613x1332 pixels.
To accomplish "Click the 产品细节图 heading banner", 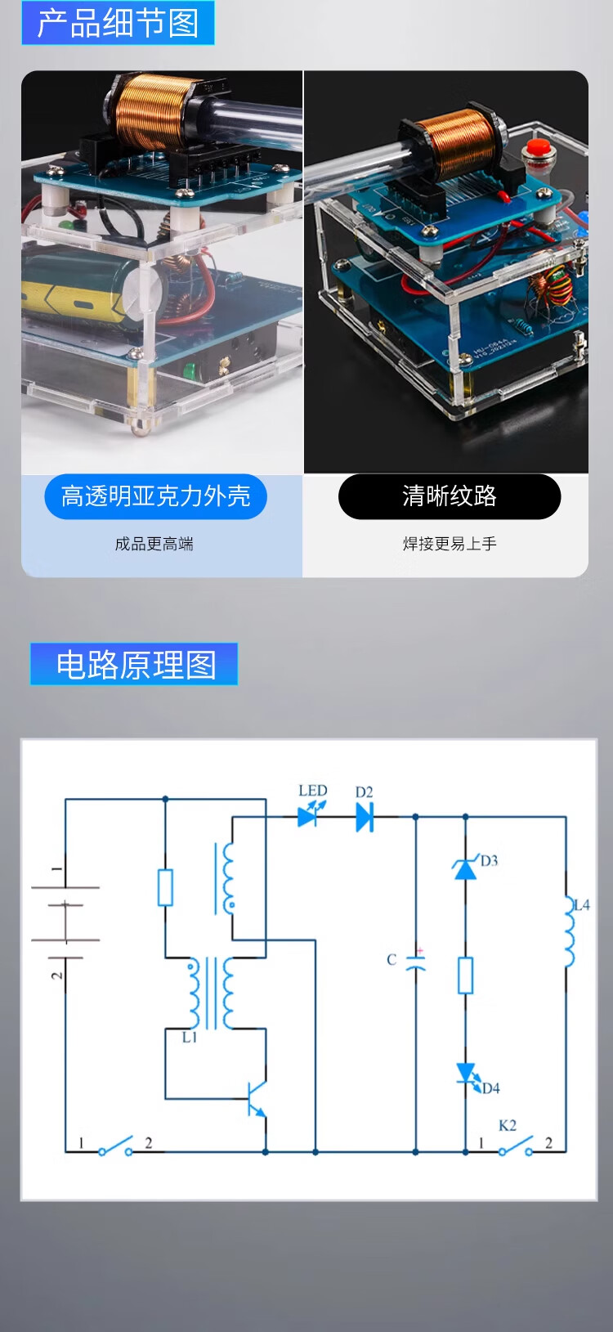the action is click(x=118, y=23).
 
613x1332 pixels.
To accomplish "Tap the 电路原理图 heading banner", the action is click(x=134, y=664).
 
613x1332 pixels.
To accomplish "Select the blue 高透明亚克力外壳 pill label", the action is click(x=155, y=496).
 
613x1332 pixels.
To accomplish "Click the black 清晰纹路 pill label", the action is click(x=449, y=496).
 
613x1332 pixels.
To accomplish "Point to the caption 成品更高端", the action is click(x=154, y=544).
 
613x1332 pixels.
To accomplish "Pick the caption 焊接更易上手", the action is click(x=449, y=544).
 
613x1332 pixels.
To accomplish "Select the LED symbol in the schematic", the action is click(x=308, y=815).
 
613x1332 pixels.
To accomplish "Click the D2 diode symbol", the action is click(x=365, y=816).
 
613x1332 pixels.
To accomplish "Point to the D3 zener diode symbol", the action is click(x=465, y=868).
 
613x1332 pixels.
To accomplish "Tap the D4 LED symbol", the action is click(x=466, y=1074).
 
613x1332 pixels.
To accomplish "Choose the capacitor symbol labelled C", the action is click(x=416, y=962).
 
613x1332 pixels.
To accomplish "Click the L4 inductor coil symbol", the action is click(x=567, y=932).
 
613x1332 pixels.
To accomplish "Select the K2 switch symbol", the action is click(x=516, y=1146).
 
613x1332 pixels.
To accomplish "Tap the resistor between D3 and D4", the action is click(x=465, y=975).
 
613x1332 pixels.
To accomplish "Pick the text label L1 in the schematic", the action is click(x=190, y=1037).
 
